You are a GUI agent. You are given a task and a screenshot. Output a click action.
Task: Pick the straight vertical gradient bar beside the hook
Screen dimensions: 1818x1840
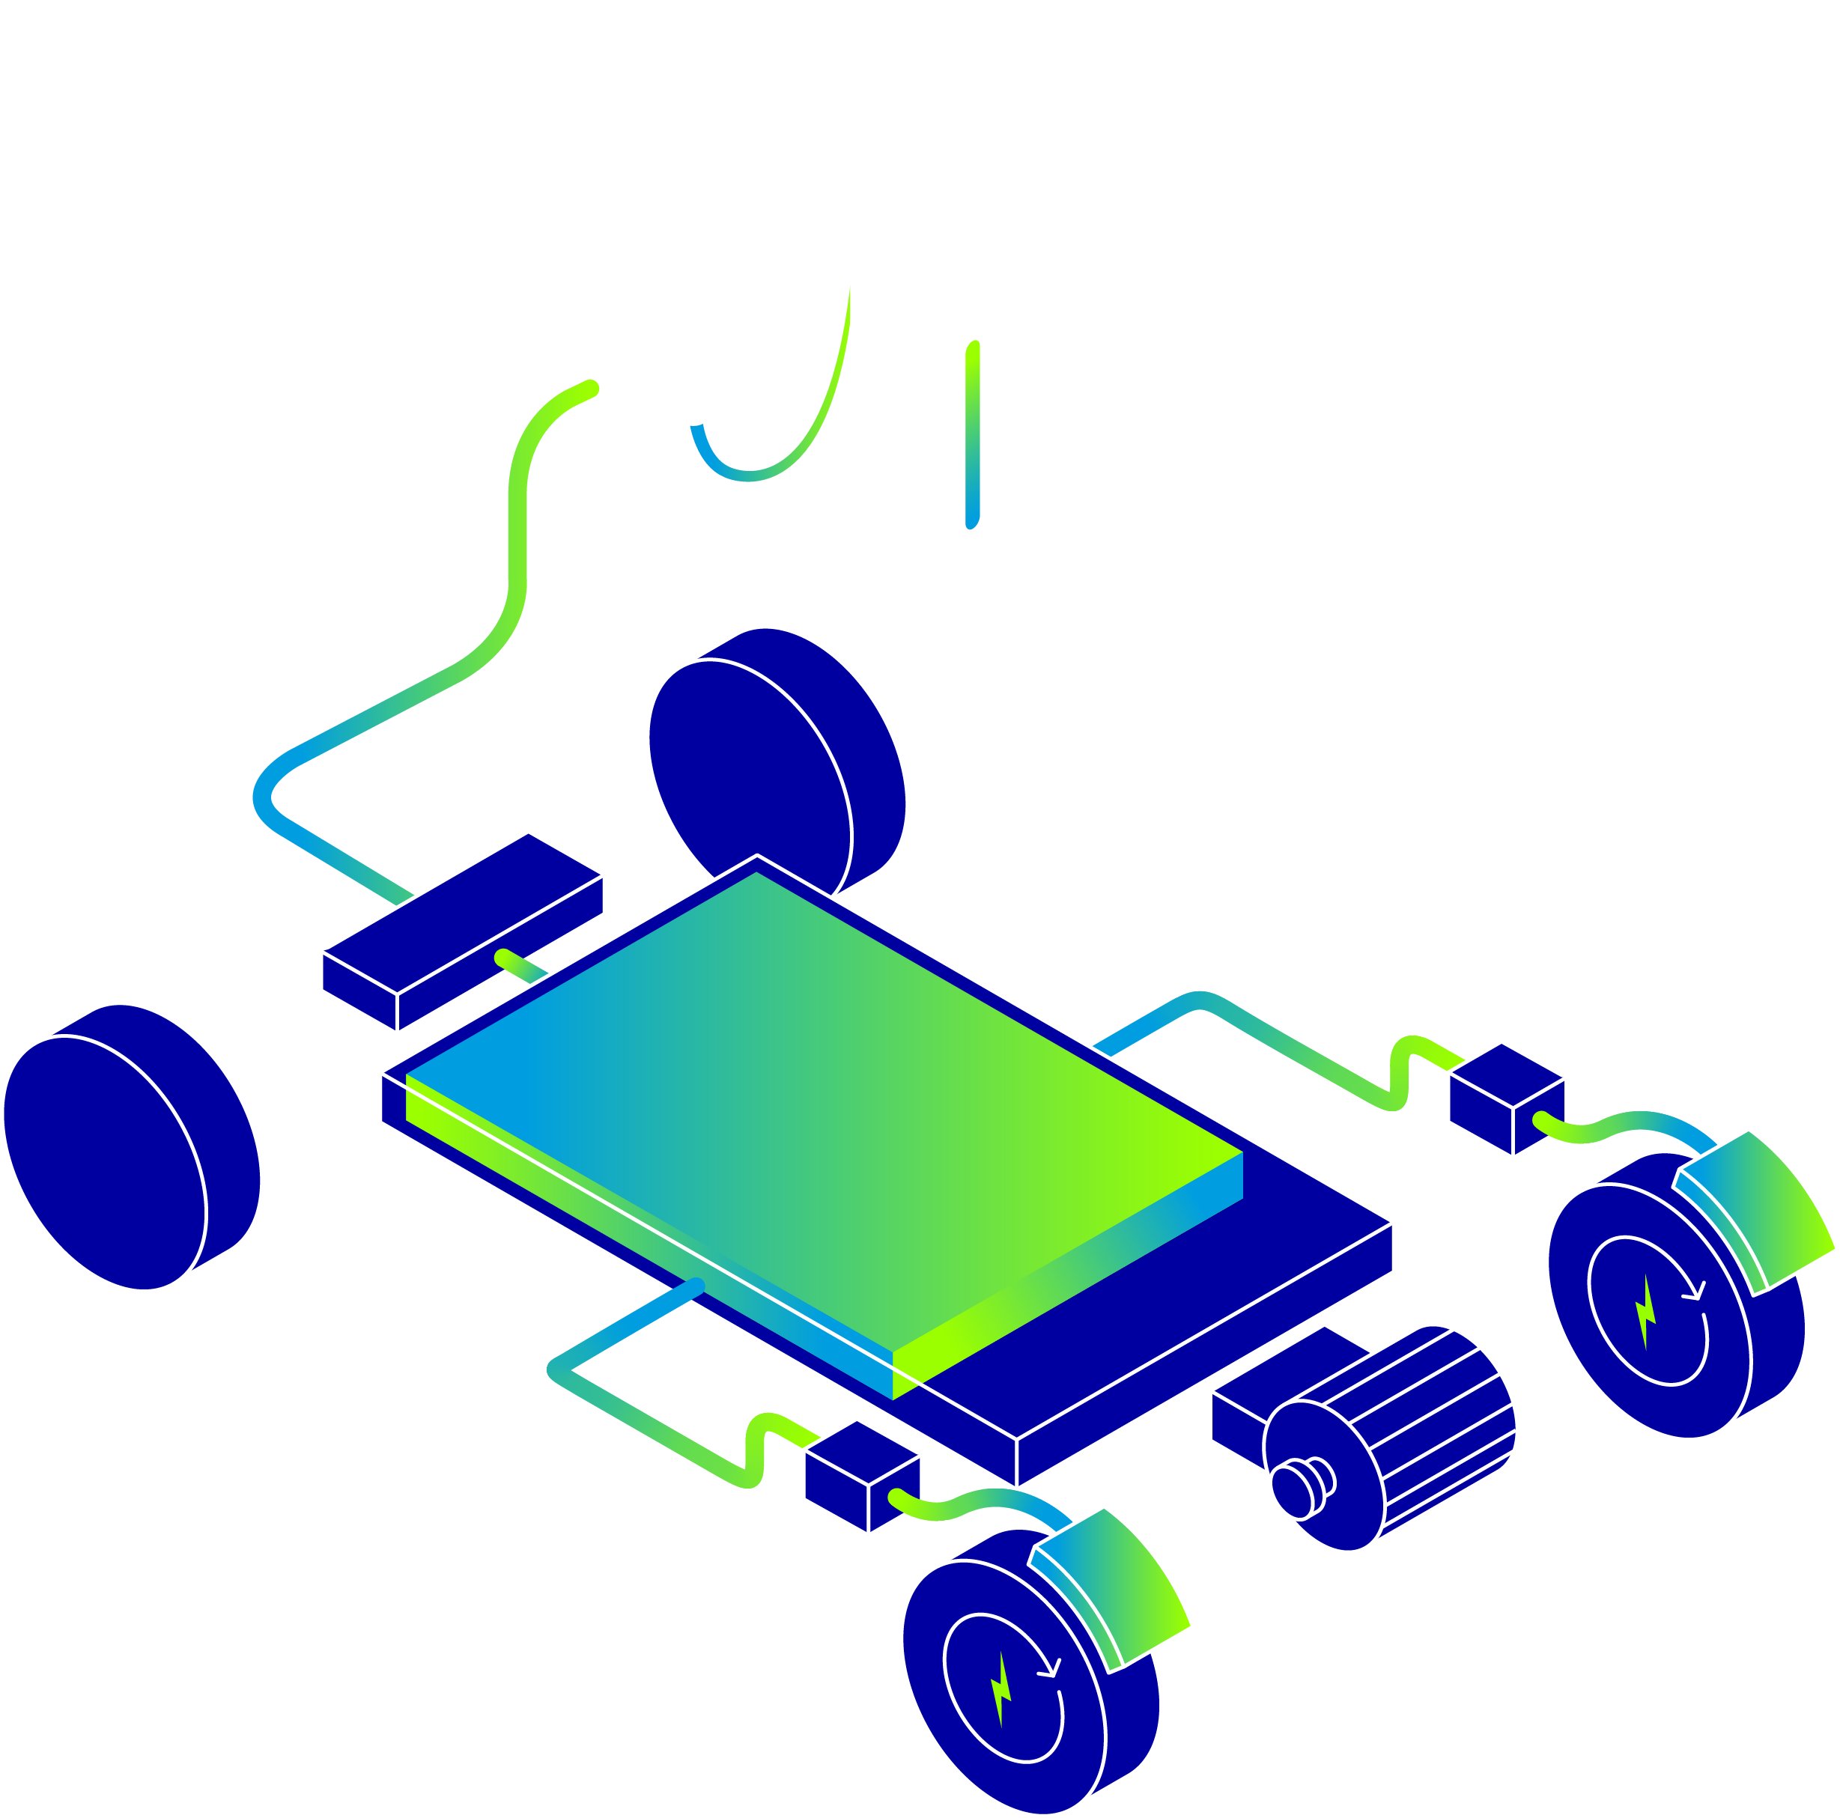972,434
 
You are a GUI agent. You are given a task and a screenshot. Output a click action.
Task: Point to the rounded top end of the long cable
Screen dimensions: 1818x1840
590,388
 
